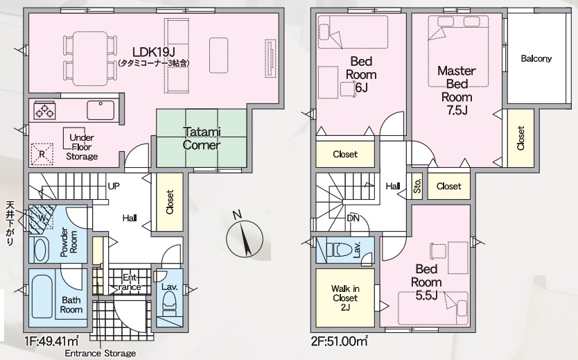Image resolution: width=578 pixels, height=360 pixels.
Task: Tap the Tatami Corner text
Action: point(201,138)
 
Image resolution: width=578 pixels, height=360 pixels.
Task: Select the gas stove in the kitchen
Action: point(44,110)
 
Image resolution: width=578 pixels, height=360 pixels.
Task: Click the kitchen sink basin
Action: point(100,110)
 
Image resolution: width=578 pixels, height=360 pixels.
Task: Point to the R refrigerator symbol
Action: point(42,154)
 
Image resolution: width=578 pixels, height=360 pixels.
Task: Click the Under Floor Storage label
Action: point(82,147)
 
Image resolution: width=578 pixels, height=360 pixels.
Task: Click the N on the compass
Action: point(237,214)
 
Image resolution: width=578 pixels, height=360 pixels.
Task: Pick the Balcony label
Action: point(536,58)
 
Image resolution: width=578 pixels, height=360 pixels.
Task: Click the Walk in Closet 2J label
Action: point(345,298)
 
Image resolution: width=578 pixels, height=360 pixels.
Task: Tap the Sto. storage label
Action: point(417,187)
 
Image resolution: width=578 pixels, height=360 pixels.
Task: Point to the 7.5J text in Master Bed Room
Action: point(457,110)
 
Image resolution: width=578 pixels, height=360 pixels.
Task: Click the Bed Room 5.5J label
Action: point(426,282)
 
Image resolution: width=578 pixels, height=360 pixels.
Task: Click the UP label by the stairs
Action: point(114,186)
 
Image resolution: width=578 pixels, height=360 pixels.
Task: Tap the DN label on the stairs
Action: point(353,218)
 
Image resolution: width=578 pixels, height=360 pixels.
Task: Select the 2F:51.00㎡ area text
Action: point(339,341)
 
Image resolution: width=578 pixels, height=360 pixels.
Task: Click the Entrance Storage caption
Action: point(100,353)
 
